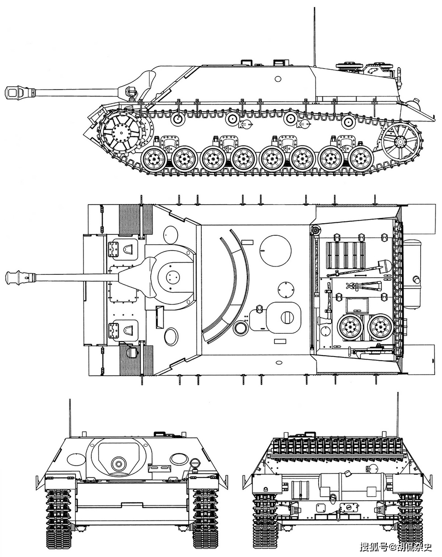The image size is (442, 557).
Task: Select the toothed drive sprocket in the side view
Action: coord(122,132)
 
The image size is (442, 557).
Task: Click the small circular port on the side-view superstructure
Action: coord(278,78)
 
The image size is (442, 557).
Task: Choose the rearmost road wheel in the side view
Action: coord(360,158)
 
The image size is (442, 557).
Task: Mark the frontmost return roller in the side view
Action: coord(177,119)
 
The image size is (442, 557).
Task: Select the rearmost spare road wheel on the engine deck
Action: coord(380,327)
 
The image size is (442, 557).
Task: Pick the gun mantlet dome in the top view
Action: coord(172,277)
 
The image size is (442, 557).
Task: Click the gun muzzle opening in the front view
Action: coord(119,463)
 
